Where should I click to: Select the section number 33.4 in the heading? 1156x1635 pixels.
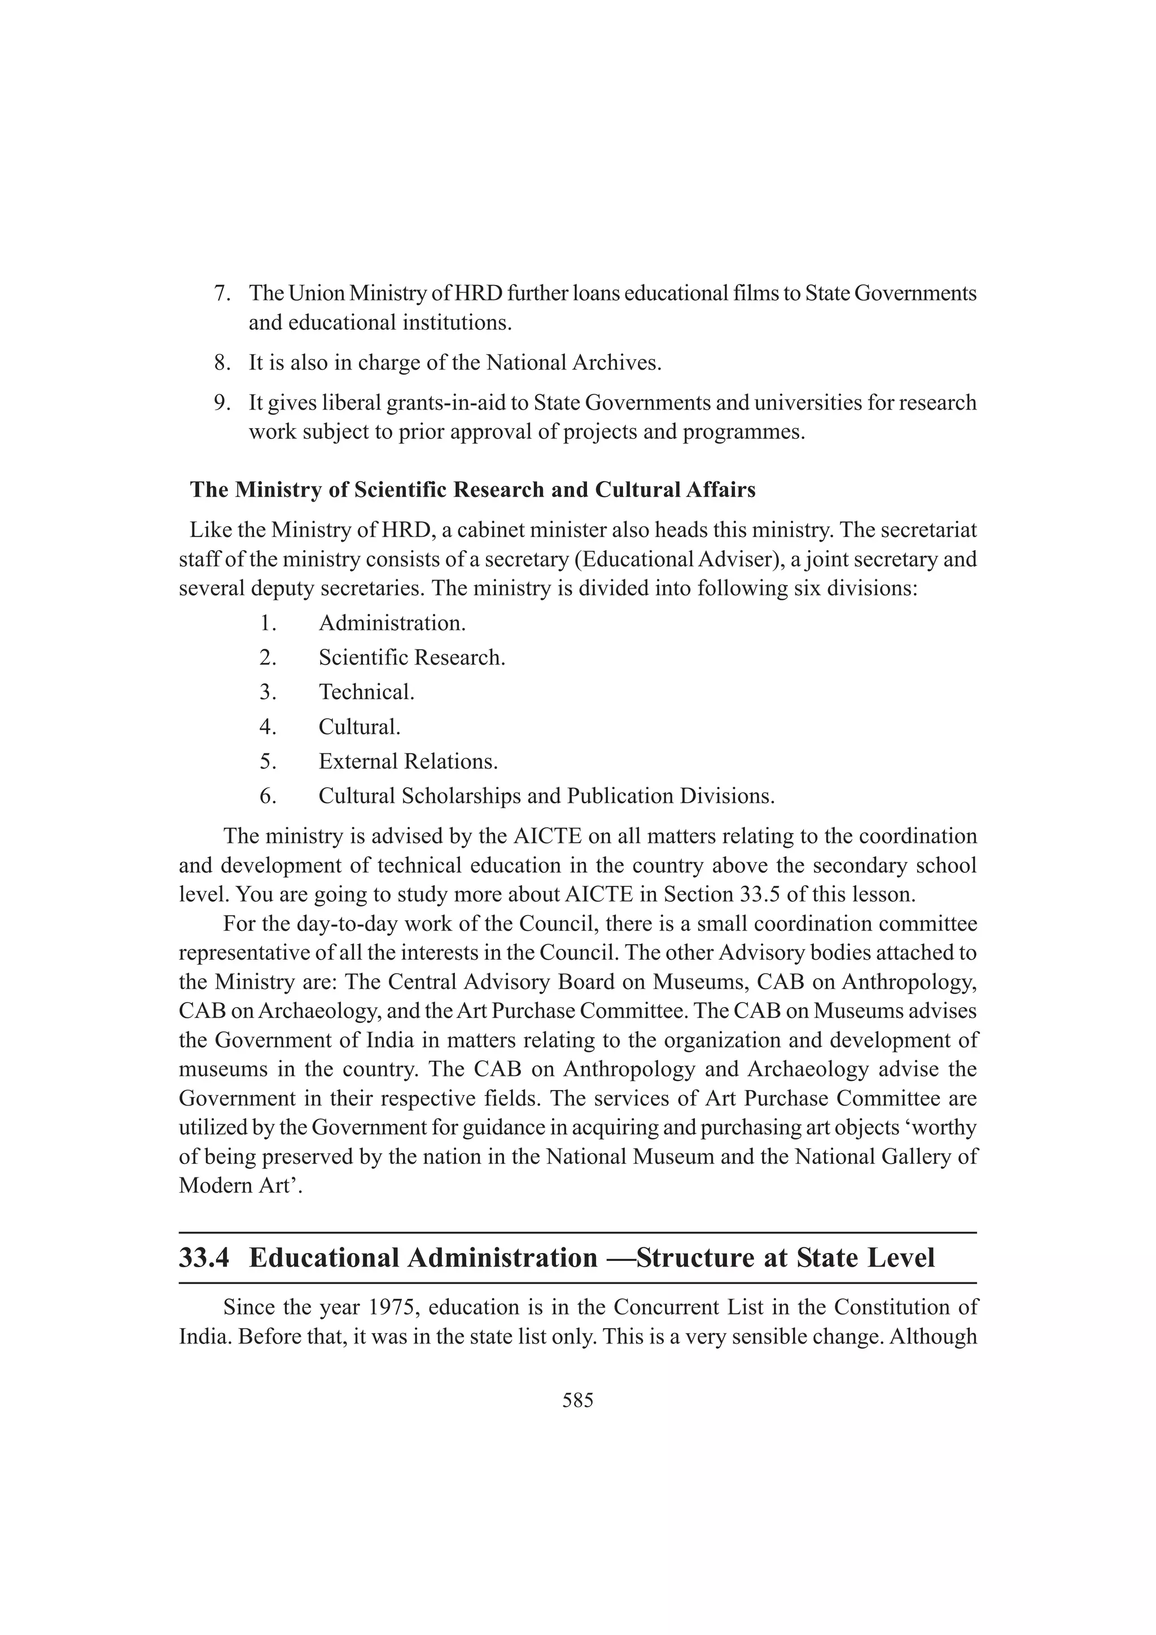[x=204, y=1258]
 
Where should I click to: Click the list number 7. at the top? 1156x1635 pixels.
[x=223, y=293]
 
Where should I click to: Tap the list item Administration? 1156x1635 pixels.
[x=392, y=623]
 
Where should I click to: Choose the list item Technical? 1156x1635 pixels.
[x=366, y=692]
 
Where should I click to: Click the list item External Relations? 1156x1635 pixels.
[x=408, y=761]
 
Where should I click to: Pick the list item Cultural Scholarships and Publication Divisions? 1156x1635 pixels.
[x=546, y=796]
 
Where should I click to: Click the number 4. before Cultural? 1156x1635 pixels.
[x=268, y=727]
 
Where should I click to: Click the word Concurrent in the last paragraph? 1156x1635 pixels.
[x=662, y=1308]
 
